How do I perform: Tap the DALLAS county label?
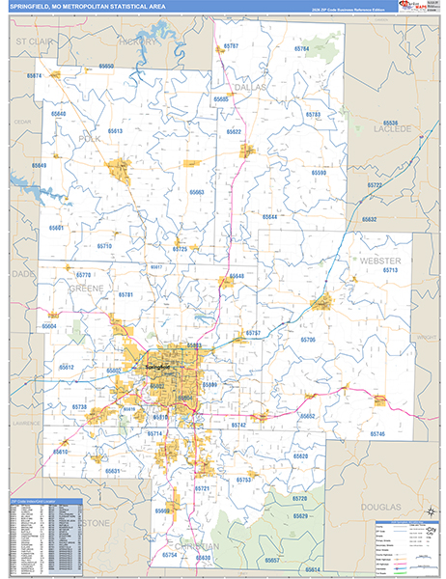(248, 87)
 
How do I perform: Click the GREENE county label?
(87, 288)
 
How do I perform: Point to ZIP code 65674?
(35, 75)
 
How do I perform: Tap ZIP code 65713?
(390, 271)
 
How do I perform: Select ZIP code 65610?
(61, 452)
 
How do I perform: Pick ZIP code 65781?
(125, 294)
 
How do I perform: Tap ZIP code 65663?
(197, 192)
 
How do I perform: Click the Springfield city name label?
(156, 367)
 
